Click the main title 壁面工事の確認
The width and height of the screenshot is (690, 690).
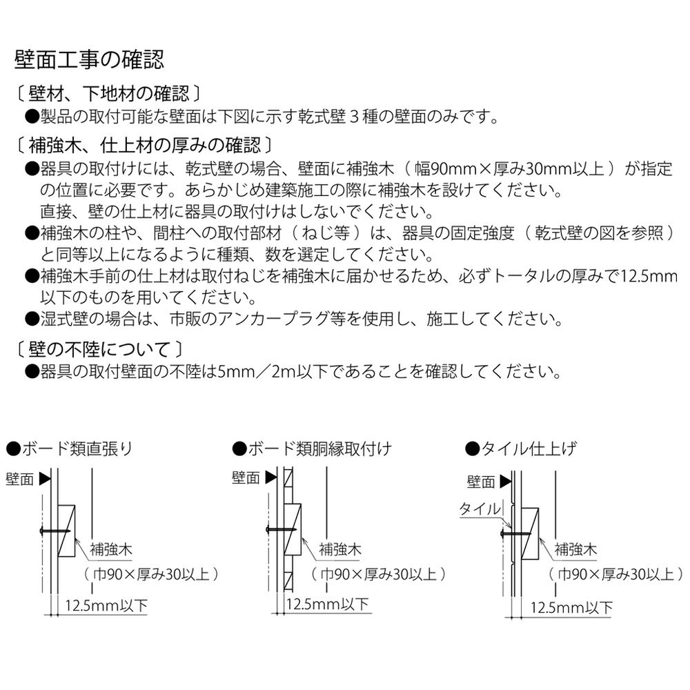(x=89, y=59)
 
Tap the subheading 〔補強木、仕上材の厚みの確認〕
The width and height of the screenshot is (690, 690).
(x=145, y=145)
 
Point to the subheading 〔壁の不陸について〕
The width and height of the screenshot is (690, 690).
(x=99, y=350)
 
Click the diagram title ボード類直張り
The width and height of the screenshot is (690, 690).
(x=70, y=448)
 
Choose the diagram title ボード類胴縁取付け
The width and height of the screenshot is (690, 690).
(x=312, y=448)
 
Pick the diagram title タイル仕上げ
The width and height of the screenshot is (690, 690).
(x=521, y=448)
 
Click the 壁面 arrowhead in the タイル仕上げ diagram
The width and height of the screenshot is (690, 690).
(x=506, y=482)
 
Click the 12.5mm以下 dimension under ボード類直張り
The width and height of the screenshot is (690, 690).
(x=106, y=606)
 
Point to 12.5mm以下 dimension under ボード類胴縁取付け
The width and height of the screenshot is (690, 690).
(x=327, y=604)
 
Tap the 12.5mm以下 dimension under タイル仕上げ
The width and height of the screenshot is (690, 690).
(x=571, y=608)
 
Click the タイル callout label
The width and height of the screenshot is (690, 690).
(x=480, y=509)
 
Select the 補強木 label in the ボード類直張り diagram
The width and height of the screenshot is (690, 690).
(x=111, y=549)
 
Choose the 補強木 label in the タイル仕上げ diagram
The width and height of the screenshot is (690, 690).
(x=575, y=549)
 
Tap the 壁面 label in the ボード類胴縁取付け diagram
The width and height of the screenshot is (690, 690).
(x=246, y=478)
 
